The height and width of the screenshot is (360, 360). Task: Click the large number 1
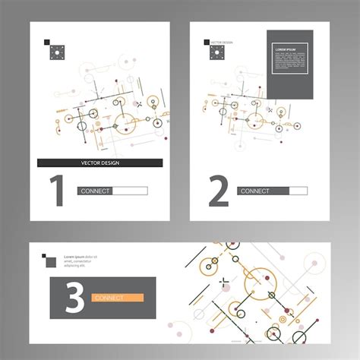click(x=56, y=191)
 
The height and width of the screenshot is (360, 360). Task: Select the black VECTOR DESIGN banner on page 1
click(x=99, y=163)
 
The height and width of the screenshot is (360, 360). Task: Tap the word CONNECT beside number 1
click(x=96, y=191)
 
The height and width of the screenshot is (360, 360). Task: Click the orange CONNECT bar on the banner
click(x=118, y=298)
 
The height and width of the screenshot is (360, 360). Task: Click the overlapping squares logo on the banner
click(x=49, y=261)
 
